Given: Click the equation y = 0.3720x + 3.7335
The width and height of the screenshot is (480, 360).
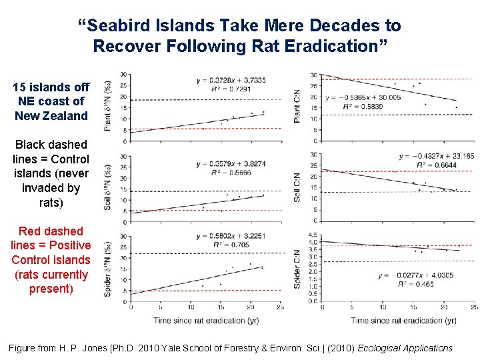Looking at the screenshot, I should [x=231, y=80].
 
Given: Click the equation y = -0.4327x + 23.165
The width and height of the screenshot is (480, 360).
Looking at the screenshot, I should [x=436, y=157].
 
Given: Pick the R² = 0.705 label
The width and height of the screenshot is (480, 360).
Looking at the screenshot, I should [x=223, y=245].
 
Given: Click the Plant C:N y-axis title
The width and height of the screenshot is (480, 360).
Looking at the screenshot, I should [x=297, y=106].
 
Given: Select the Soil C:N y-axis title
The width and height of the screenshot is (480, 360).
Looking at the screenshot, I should [x=297, y=187].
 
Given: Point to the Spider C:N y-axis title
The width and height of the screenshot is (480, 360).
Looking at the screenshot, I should [x=297, y=269].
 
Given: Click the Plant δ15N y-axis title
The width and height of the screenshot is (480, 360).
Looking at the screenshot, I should [x=107, y=106].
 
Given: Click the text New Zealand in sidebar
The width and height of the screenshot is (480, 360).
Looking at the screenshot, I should [x=51, y=116].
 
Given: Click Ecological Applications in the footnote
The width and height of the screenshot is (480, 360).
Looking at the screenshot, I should [x=405, y=348].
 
